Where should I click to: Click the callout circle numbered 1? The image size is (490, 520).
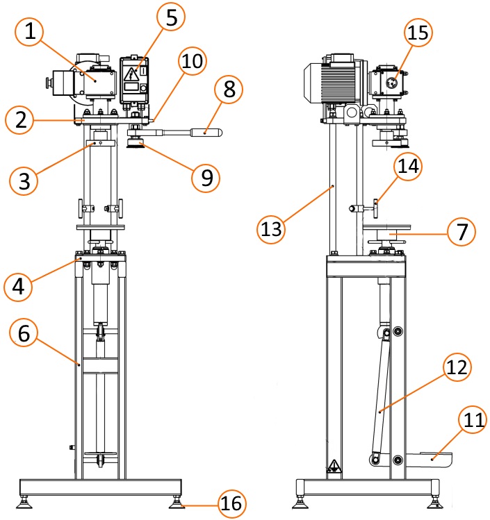(x=30, y=32)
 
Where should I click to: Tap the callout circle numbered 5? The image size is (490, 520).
(x=171, y=17)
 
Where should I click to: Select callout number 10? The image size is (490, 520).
(x=193, y=61)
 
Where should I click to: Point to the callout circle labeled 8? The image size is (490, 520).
(x=229, y=89)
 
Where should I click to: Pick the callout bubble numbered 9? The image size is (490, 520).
(x=206, y=178)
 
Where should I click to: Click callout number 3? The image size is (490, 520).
(x=24, y=181)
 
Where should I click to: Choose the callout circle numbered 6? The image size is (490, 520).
(x=24, y=333)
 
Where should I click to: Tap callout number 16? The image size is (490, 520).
(x=231, y=504)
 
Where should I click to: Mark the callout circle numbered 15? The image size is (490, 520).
(x=418, y=33)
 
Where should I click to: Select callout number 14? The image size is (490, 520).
(x=408, y=166)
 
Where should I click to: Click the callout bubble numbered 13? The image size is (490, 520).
(x=271, y=229)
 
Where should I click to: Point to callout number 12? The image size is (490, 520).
(x=457, y=367)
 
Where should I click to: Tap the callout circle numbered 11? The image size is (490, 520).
(x=473, y=420)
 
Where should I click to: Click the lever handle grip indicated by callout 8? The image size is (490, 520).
(x=206, y=133)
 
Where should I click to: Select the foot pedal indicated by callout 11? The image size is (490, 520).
(x=429, y=460)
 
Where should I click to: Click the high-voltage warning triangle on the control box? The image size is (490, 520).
(x=131, y=75)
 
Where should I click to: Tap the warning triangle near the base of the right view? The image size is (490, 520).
(x=334, y=466)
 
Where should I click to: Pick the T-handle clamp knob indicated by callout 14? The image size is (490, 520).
(x=376, y=208)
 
